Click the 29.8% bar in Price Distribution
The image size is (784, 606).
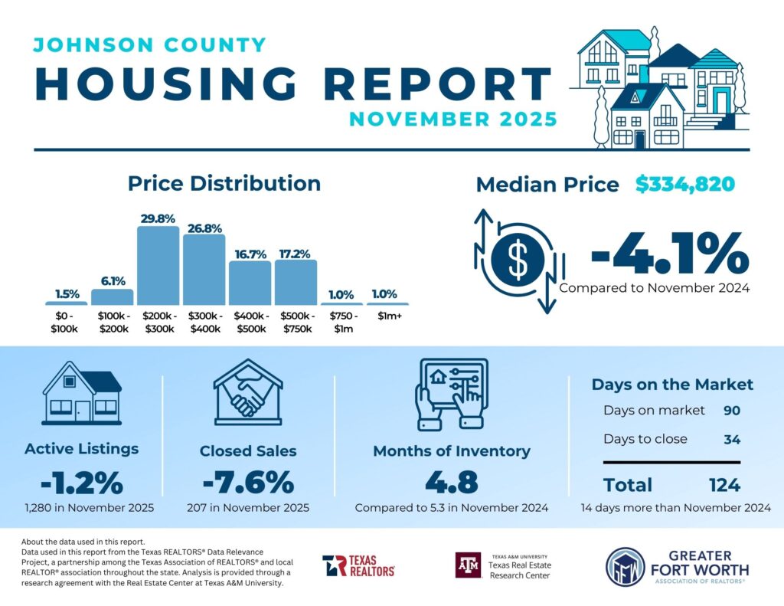pos(158,266)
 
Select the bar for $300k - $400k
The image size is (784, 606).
pos(204,270)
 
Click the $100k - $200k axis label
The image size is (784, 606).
pos(112,323)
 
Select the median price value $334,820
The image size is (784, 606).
pos(685,184)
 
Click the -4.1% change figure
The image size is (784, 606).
pos(668,254)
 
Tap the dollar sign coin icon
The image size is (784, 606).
pos(518,260)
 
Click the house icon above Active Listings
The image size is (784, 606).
pos(82,393)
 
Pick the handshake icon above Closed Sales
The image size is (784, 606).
pos(247,393)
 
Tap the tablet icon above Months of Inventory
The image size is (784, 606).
pos(451,393)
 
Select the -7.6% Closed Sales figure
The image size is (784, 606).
pos(247,483)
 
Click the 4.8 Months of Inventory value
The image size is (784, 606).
pos(451,483)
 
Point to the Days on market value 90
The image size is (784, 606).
pos(732,410)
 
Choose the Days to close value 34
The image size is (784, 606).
pos(732,439)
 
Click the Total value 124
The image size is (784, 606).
pos(724,485)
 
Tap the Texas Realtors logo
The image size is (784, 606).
pos(358,565)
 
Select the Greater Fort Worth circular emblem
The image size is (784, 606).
pos(623,567)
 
